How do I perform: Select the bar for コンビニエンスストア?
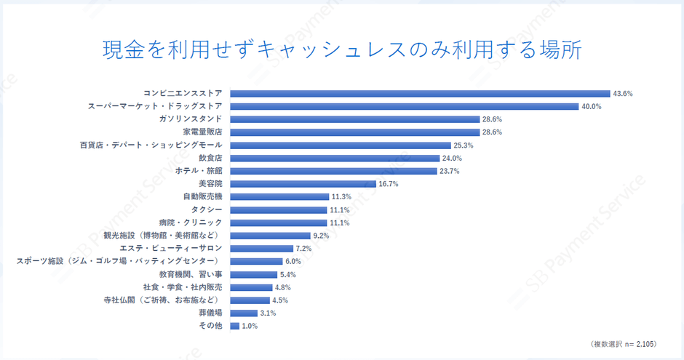(420, 93)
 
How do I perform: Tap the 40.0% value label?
(591, 106)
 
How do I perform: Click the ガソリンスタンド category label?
(191, 119)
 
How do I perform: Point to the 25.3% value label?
(463, 145)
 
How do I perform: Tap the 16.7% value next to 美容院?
(389, 184)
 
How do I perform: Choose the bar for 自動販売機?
(279, 196)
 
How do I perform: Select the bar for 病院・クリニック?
(279, 223)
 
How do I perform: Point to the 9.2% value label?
(321, 236)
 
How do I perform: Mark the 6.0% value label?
(293, 261)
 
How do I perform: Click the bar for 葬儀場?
(244, 313)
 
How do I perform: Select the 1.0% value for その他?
(250, 326)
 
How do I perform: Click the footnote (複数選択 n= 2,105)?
(624, 343)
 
